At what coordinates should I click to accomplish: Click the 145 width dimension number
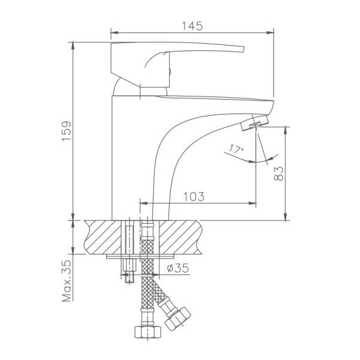pyautogui.click(x=192, y=26)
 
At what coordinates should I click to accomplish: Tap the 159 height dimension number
pyautogui.click(x=67, y=131)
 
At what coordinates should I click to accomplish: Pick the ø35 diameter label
pyautogui.click(x=177, y=268)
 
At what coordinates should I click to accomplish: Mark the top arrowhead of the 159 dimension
pyautogui.click(x=73, y=46)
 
